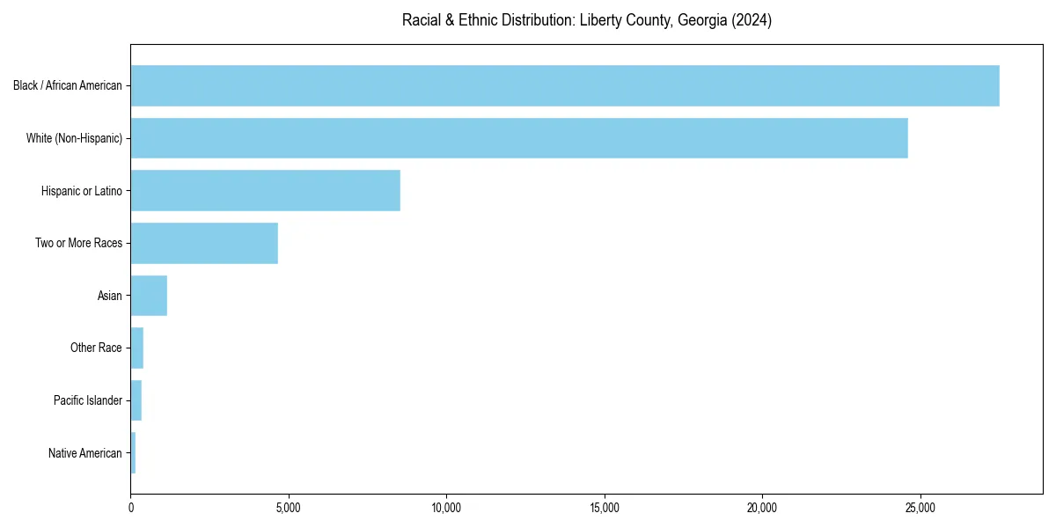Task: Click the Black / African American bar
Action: (x=564, y=85)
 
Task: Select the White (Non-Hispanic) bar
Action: (x=518, y=138)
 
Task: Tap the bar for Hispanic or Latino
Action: (x=265, y=191)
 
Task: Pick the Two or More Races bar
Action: (x=204, y=244)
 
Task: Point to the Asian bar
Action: (x=149, y=296)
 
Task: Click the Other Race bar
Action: (x=136, y=348)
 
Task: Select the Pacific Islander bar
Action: (x=136, y=400)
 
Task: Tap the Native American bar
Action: (x=133, y=453)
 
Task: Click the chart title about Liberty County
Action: (x=587, y=20)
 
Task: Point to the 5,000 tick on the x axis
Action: (x=289, y=508)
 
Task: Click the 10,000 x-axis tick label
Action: (x=446, y=508)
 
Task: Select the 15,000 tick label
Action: (x=605, y=508)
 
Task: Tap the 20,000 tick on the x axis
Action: (x=762, y=508)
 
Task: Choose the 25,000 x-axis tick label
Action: (x=920, y=508)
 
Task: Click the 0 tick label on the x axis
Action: (x=131, y=508)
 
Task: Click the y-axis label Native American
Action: (x=85, y=453)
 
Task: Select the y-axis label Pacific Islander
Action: (x=88, y=400)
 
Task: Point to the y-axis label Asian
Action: (x=110, y=296)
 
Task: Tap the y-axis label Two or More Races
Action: (x=78, y=244)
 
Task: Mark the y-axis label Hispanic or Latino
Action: (x=82, y=191)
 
